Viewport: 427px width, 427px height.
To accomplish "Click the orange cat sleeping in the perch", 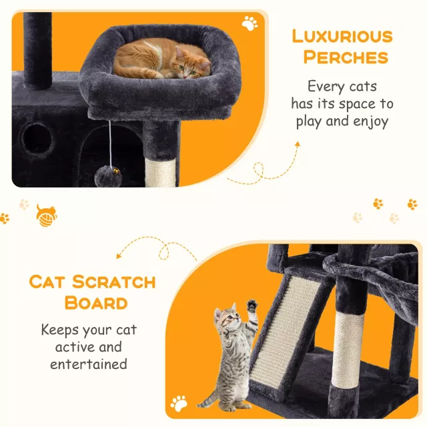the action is point(162,59).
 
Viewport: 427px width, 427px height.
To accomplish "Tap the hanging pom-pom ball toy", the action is point(108,175).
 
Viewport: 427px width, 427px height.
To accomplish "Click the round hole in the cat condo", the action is point(37,139).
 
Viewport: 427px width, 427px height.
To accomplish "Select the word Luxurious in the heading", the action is point(342,36).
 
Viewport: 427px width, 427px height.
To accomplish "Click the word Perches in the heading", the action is point(346,57).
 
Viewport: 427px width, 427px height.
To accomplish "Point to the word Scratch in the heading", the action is point(113,282).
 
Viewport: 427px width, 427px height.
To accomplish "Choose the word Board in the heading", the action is point(96,303).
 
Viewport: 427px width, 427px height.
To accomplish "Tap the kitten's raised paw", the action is point(252,306).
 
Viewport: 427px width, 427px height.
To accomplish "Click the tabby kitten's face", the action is point(229,318).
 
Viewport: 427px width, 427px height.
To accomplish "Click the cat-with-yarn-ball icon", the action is point(46,216).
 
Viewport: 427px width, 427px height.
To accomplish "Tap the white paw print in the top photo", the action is point(250,23).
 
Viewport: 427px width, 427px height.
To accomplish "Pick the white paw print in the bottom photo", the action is point(179,404).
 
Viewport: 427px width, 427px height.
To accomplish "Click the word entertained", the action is point(89,364).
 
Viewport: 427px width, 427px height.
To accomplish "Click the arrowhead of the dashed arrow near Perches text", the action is point(298,144).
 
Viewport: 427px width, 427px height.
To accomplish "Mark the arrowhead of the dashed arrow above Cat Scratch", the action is point(119,256).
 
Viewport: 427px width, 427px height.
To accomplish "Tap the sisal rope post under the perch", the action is point(160,173).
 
